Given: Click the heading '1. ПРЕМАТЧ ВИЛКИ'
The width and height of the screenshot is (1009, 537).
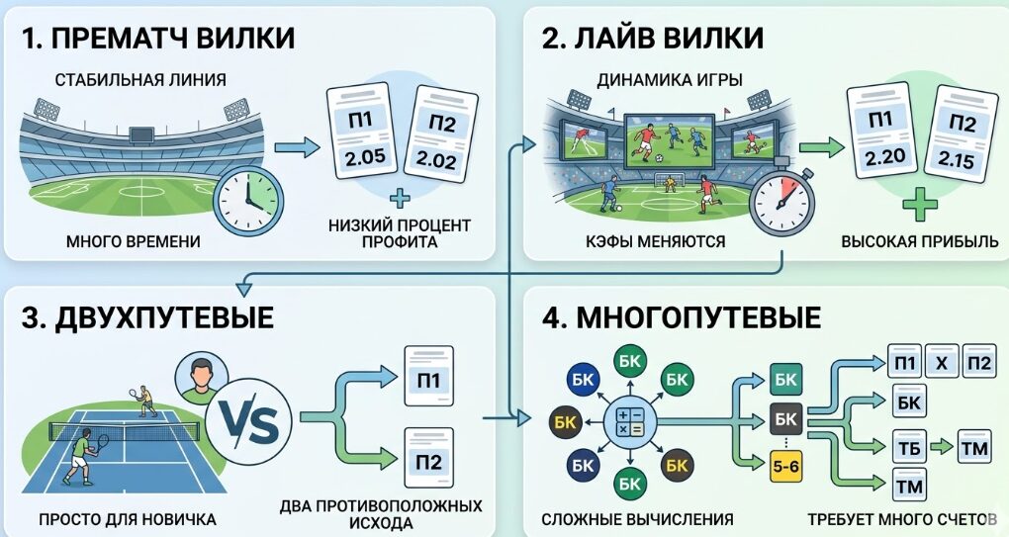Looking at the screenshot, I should [159, 39].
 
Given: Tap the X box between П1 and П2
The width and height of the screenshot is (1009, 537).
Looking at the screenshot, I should [942, 362].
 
